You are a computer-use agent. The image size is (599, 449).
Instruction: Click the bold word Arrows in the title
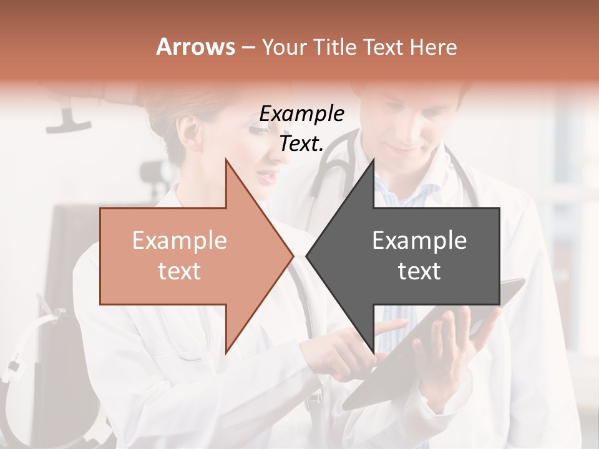pos(196,47)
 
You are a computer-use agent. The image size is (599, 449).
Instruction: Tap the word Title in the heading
pos(334,47)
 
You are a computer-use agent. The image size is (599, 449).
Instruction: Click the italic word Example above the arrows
pos(301,114)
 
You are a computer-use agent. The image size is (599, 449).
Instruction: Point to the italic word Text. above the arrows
pos(301,144)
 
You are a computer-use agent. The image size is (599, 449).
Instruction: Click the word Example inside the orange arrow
pos(179,241)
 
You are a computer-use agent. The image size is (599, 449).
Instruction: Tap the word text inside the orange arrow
pos(179,271)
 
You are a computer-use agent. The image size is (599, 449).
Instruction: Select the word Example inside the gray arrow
pos(419,241)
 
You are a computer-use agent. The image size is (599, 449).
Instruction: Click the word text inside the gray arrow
pos(419,271)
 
